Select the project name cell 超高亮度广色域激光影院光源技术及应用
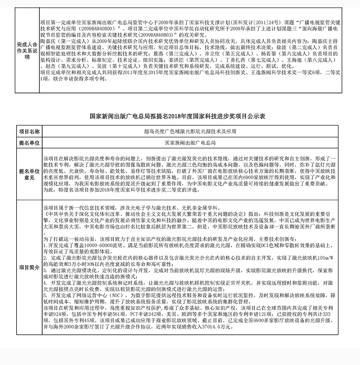[x=190, y=132]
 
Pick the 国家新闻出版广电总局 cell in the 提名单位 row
[x=190, y=143]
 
